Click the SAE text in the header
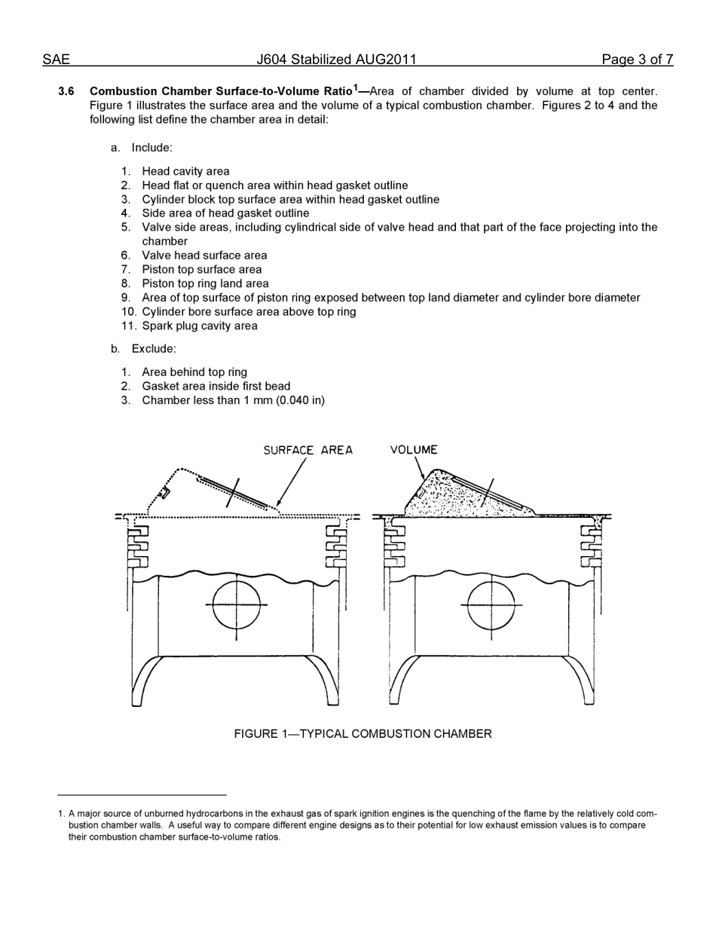(x=56, y=60)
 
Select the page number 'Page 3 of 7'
(x=637, y=60)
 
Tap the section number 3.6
(x=66, y=92)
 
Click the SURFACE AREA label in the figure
(x=308, y=450)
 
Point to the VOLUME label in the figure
(x=414, y=450)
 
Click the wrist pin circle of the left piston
(x=237, y=604)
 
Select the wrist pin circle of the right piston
(x=491, y=604)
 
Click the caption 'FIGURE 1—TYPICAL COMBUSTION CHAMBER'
(x=363, y=733)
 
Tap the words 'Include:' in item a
(x=151, y=148)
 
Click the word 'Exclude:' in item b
(x=154, y=349)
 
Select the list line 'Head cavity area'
(x=185, y=171)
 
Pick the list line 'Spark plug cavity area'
(x=199, y=326)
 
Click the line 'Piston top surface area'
(x=201, y=269)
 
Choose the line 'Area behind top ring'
(x=194, y=372)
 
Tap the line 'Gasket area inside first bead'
(x=216, y=386)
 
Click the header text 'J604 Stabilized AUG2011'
(x=336, y=60)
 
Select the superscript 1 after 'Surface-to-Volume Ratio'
(x=356, y=87)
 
